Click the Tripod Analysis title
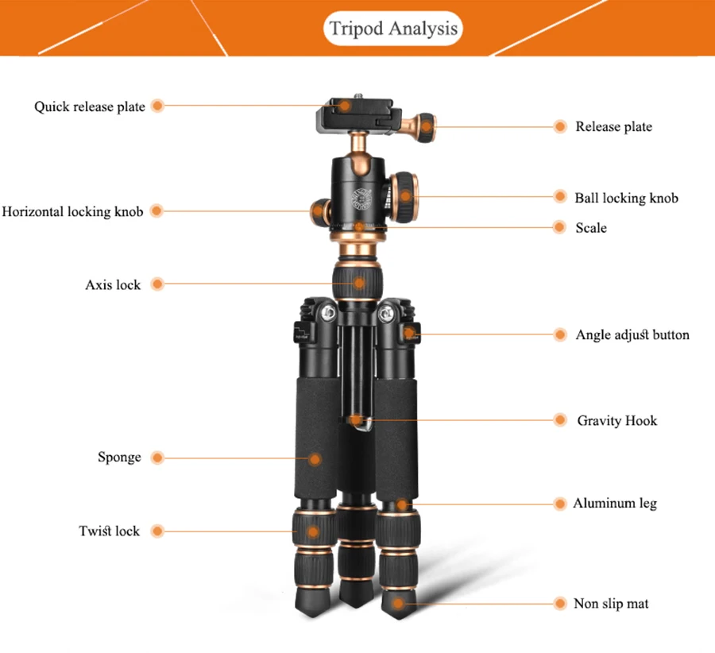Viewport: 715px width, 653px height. point(394,29)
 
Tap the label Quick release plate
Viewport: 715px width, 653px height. point(89,106)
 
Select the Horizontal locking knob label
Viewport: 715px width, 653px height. point(72,211)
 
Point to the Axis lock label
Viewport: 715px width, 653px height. point(113,284)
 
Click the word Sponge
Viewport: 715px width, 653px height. point(119,457)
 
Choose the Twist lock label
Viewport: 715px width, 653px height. point(109,531)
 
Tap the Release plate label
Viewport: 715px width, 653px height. point(613,126)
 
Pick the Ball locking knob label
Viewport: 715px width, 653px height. point(626,198)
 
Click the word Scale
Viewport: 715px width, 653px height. point(591,228)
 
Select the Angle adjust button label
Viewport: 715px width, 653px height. point(632,334)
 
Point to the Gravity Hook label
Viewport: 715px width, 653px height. point(617,420)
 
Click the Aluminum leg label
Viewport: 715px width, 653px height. point(615,503)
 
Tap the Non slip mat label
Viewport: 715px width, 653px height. point(611,604)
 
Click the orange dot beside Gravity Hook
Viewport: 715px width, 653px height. point(561,420)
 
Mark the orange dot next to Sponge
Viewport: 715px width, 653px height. point(157,458)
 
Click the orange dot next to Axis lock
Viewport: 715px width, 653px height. point(157,284)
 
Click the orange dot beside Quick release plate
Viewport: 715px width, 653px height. point(157,106)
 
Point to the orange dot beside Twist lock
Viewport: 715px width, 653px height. point(157,531)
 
